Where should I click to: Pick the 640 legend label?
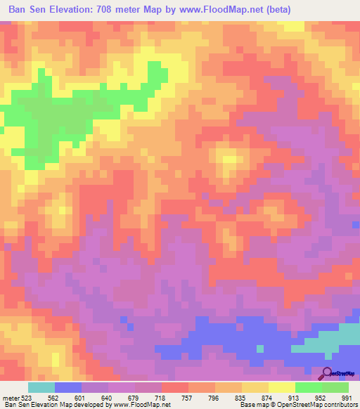click(107, 398)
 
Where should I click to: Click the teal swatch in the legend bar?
click(41, 387)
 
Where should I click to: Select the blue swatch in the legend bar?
click(68, 387)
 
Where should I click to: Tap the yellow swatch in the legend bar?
click(282, 387)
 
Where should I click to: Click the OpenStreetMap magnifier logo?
click(328, 372)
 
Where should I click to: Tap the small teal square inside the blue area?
click(259, 349)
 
